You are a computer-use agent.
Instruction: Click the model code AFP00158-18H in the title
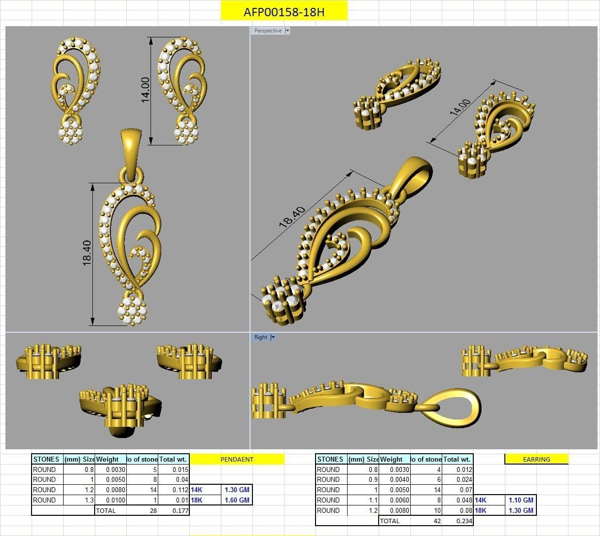(x=284, y=12)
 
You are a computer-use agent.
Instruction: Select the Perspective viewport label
(x=268, y=31)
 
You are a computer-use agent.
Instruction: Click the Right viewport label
(x=260, y=337)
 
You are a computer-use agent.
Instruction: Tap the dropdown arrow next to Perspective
(x=287, y=31)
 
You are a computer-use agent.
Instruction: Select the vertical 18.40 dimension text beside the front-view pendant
(x=87, y=253)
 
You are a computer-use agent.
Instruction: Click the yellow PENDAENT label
(x=237, y=459)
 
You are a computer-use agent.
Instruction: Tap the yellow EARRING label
(x=536, y=459)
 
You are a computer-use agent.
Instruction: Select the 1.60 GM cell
(x=237, y=500)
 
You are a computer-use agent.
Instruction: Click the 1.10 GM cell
(x=521, y=500)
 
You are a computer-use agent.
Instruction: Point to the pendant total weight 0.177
(x=180, y=510)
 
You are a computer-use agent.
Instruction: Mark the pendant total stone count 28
(x=153, y=510)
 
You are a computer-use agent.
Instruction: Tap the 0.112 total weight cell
(x=180, y=490)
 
